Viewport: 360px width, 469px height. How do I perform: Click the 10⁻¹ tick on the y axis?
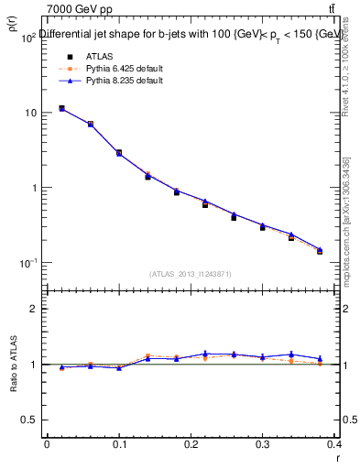(x=27, y=264)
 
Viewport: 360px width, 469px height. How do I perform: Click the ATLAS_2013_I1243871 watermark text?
(x=191, y=274)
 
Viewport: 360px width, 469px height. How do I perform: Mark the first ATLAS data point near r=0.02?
(x=61, y=108)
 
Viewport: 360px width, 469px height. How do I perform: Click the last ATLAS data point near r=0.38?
(x=320, y=250)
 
